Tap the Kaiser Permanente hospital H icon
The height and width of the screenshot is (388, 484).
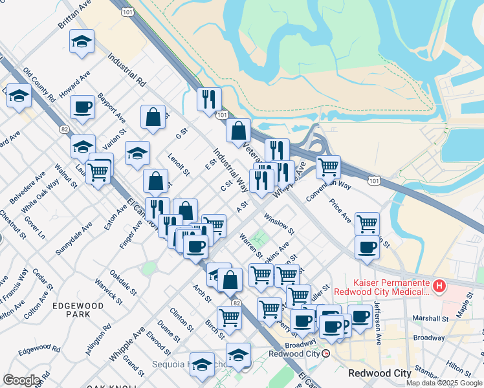coord(439,285)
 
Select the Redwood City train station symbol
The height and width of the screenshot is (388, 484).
coord(327,354)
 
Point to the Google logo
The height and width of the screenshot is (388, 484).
coord(21,380)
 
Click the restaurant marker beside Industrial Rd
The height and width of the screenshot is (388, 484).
coord(209,99)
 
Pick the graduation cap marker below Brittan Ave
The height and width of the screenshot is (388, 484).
coord(82,41)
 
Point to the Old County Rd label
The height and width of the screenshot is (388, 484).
coord(39,84)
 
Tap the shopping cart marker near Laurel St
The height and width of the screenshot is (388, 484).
coord(98,171)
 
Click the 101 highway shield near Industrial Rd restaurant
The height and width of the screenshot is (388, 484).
coord(222,114)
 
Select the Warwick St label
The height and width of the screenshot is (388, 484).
coord(107,291)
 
